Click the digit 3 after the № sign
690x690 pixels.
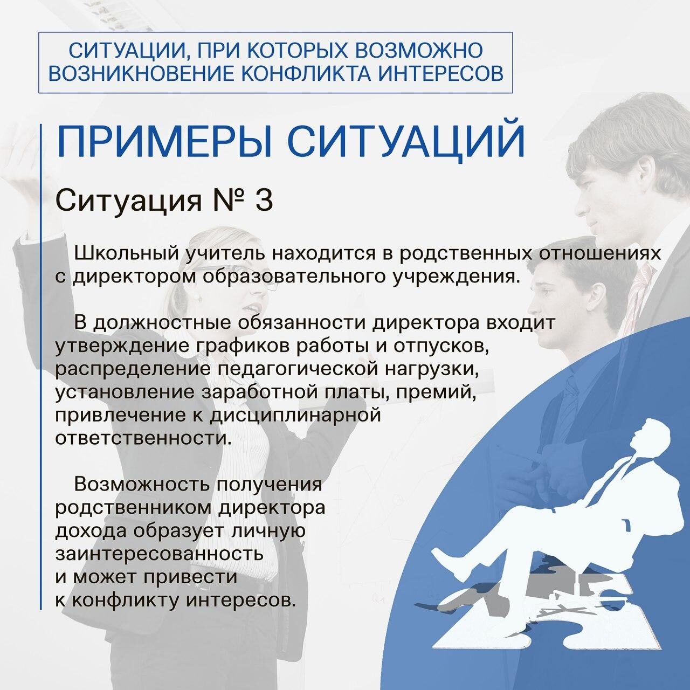click(264, 202)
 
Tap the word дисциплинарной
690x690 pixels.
click(295, 416)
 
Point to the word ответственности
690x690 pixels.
click(141, 439)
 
